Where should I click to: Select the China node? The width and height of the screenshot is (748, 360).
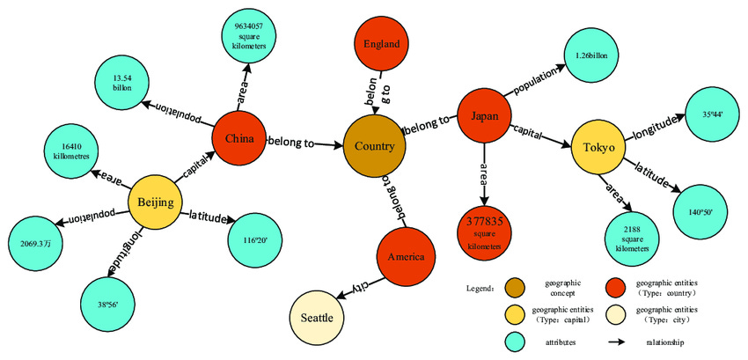point(239,139)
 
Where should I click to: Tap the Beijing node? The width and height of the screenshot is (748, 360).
point(156,204)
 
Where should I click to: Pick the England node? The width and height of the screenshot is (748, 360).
point(380,44)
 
